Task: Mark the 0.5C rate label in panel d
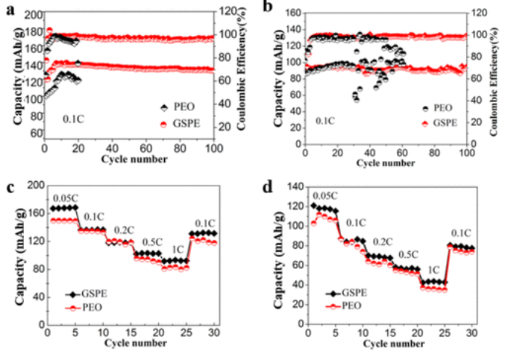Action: click(408, 255)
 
